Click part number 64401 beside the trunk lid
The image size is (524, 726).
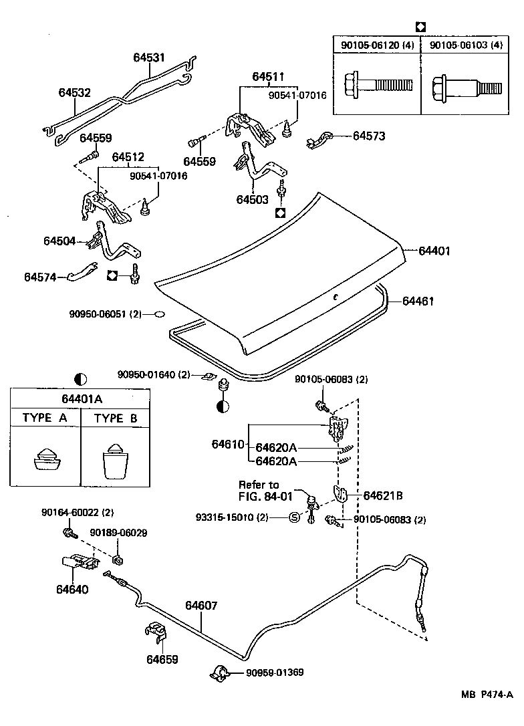click(434, 251)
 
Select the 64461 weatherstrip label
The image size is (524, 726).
click(418, 301)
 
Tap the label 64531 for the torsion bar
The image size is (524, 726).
click(149, 57)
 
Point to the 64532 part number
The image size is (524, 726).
click(75, 93)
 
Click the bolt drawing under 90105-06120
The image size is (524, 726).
click(378, 84)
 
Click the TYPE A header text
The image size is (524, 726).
click(45, 418)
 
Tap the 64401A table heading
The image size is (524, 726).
click(82, 398)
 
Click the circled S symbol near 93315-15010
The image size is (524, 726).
click(294, 517)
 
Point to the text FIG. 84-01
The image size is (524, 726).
click(266, 496)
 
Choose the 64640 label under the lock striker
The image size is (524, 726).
click(72, 590)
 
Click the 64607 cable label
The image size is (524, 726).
click(201, 605)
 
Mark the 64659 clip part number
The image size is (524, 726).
click(162, 659)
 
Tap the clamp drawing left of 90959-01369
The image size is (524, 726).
click(220, 673)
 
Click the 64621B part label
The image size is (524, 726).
click(383, 496)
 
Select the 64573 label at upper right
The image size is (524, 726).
click(369, 136)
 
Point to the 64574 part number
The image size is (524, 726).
click(40, 277)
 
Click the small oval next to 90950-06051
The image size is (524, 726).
click(159, 314)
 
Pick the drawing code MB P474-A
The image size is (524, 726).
click(487, 694)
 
